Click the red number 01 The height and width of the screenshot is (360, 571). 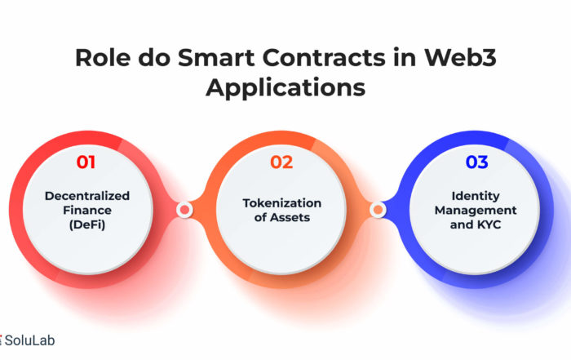86,162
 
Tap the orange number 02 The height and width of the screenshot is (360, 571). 281,162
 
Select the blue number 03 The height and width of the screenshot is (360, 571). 476,162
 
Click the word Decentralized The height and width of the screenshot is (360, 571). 87,196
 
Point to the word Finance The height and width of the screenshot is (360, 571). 87,211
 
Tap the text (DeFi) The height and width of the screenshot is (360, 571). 87,224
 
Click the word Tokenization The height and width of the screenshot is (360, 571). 282,203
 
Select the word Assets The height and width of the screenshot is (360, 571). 290,217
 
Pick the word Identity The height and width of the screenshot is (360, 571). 476,196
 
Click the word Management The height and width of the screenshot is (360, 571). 476,211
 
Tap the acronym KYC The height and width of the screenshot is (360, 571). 489,224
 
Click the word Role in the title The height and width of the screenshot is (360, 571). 103,57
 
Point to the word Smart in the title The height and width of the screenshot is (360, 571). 216,57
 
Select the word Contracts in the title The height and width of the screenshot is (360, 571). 323,57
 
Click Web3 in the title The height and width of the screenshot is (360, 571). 460,57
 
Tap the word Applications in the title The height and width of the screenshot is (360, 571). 285,88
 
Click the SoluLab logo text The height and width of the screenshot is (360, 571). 30,340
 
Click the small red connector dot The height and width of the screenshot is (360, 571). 184,210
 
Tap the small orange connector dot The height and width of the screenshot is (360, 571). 378,210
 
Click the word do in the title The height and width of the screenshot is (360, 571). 154,57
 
